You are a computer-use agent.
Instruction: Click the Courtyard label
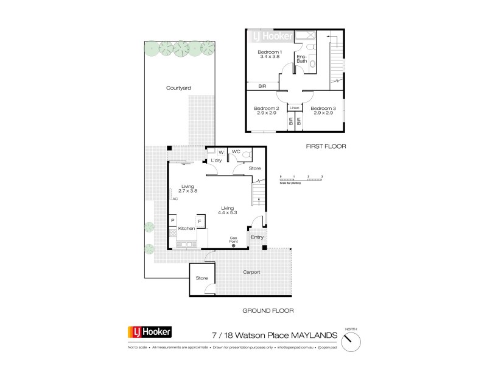178,88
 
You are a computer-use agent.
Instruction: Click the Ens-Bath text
302,58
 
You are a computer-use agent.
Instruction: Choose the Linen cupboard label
295,108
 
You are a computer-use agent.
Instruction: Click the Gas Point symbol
233,245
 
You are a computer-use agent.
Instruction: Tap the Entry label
257,237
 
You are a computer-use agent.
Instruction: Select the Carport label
251,272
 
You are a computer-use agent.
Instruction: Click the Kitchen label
186,228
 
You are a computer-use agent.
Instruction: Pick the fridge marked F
199,220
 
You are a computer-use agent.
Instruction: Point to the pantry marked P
173,220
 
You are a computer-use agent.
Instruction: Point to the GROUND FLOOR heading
268,310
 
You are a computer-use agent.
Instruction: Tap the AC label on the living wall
175,199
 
